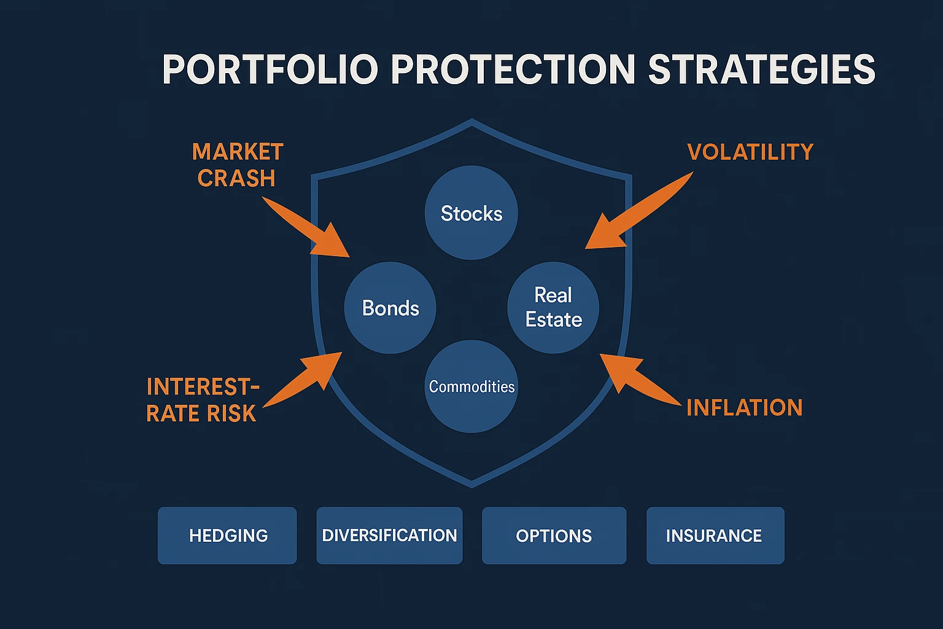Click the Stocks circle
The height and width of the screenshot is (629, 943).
[x=471, y=213]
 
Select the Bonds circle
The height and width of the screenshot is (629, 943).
[x=390, y=308]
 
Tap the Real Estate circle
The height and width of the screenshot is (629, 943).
[x=553, y=308]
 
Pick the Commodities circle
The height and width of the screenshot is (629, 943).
[x=471, y=386]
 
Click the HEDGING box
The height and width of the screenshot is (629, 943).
[x=227, y=536]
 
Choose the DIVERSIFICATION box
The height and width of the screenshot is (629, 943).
[x=389, y=536]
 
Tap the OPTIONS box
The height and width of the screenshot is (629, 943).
[x=554, y=536]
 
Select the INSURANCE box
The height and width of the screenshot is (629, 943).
[x=715, y=536]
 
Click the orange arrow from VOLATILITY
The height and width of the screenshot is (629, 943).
[x=632, y=215]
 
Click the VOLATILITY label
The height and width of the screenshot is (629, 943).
[x=750, y=152]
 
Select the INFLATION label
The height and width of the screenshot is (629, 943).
[x=744, y=407]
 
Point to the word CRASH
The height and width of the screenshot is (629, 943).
[x=236, y=178]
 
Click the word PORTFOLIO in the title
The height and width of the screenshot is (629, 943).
[x=270, y=69]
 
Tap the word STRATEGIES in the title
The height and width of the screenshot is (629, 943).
[x=761, y=69]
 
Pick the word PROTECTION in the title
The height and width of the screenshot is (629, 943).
[x=513, y=69]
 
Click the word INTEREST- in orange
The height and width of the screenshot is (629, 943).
[x=203, y=387]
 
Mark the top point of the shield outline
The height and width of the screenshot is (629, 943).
[x=471, y=120]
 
